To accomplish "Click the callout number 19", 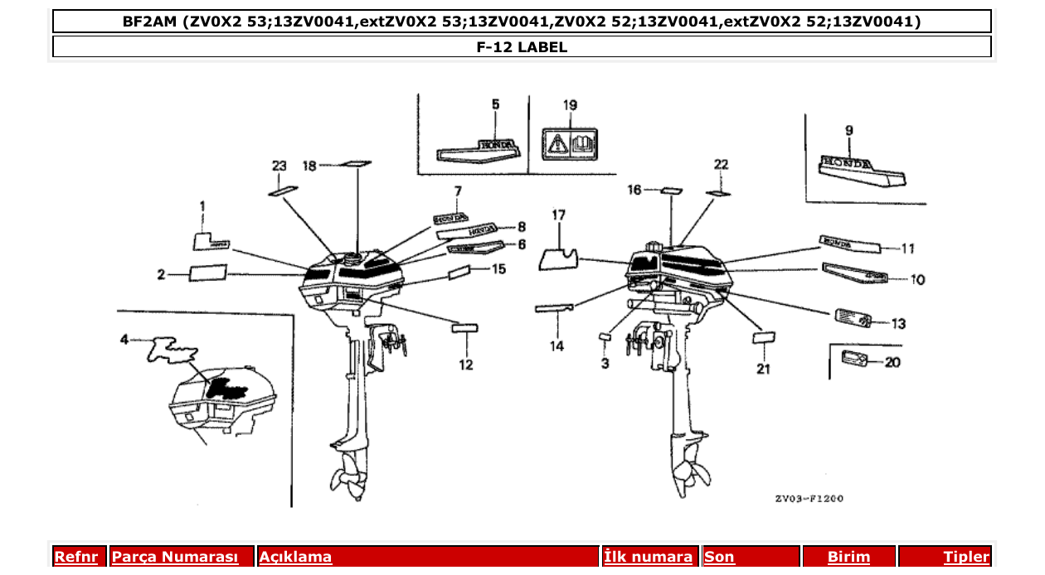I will (570, 105).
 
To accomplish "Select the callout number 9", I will (848, 130).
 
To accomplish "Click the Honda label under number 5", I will (479, 149).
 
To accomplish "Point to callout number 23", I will (279, 166).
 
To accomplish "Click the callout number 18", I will (309, 166).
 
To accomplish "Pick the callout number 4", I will (124, 339).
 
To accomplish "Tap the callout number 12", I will (466, 365).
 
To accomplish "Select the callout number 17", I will (558, 215).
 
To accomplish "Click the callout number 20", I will (892, 362).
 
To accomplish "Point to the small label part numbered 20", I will (853, 358).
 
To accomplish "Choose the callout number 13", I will (898, 324).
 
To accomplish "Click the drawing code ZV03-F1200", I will (809, 499).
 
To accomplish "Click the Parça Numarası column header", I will (175, 557).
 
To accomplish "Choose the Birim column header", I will (848, 557).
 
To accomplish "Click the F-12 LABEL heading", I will (522, 47).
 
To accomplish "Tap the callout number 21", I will (763, 369).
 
